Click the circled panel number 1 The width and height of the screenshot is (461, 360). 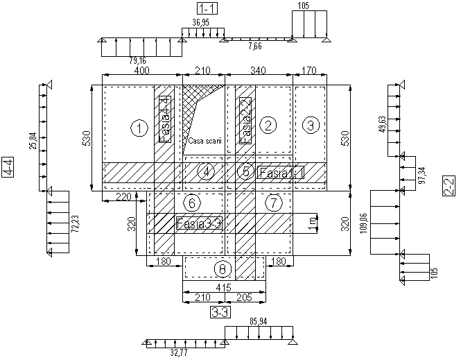point(140,128)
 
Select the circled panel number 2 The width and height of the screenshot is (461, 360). point(268,125)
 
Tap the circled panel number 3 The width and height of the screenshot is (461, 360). point(311,125)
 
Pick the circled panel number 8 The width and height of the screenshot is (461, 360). point(222,268)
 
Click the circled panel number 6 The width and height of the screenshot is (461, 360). point(194,203)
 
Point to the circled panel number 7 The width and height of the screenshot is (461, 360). point(275,203)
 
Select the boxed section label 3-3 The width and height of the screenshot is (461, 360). point(220,312)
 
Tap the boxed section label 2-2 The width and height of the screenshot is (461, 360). point(449,186)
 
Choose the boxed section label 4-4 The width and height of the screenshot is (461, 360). point(8,169)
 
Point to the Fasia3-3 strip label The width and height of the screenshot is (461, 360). point(198,224)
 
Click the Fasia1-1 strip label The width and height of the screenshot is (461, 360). point(281,172)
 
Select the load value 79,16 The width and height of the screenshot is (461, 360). point(137,62)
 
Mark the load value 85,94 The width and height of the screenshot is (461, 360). point(258,321)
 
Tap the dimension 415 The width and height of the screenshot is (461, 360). point(223,286)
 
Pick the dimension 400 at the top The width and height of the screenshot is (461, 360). point(141,71)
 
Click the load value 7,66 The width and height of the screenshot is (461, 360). point(256,46)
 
